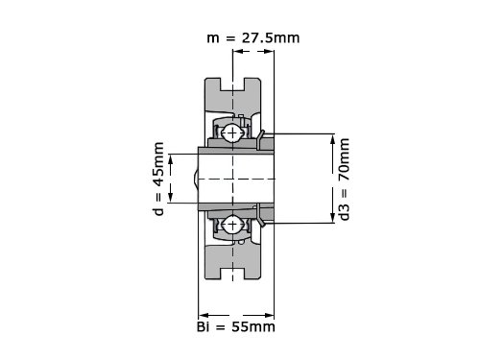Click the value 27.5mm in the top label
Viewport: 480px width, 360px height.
coord(271,38)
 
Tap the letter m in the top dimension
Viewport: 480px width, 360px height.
coord(213,39)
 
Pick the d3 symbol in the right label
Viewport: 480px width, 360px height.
coord(344,212)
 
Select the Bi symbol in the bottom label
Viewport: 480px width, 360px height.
coord(204,327)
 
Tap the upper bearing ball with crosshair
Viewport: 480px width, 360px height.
coord(232,132)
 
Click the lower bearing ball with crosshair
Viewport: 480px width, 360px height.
coord(232,224)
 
